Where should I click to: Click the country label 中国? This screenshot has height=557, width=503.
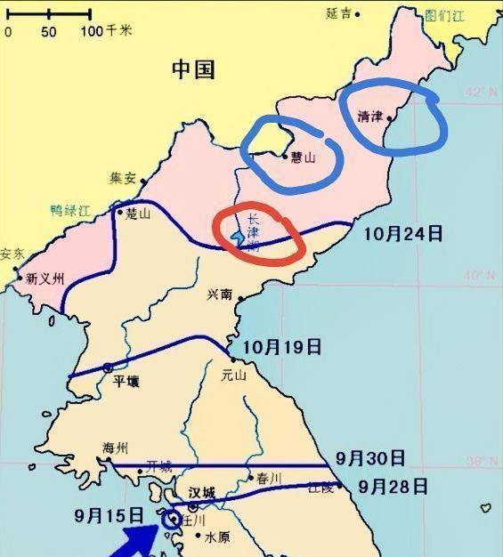pyautogui.click(x=193, y=69)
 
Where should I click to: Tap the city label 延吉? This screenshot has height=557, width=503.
pyautogui.click(x=338, y=13)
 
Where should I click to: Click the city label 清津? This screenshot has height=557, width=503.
pyautogui.click(x=369, y=117)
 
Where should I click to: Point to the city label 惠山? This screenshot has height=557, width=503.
pyautogui.click(x=304, y=157)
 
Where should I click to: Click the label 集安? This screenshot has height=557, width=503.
pyautogui.click(x=122, y=178)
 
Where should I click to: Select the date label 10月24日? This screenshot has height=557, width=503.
pyautogui.click(x=403, y=234)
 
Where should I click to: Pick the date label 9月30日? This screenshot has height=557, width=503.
pyautogui.click(x=370, y=458)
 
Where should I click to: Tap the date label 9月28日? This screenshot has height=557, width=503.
pyautogui.click(x=393, y=487)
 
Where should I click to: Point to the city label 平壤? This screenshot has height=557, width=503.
pyautogui.click(x=126, y=382)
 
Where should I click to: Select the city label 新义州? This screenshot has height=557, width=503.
pyautogui.click(x=45, y=278)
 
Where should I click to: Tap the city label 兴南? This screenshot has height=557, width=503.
pyautogui.click(x=220, y=295)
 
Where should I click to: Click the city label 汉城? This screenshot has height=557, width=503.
pyautogui.click(x=202, y=492)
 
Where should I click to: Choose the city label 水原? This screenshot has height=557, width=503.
pyautogui.click(x=217, y=537)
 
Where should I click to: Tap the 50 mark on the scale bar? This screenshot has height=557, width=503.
pyautogui.click(x=48, y=31)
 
